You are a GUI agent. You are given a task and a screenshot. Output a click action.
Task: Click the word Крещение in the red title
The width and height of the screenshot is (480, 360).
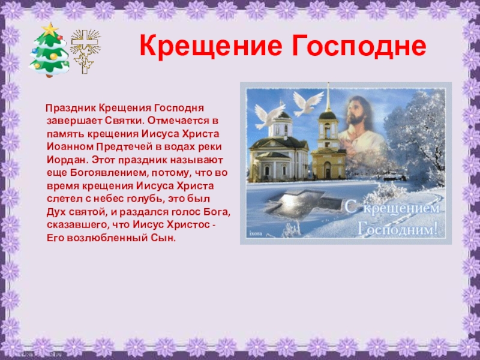(x=211, y=46)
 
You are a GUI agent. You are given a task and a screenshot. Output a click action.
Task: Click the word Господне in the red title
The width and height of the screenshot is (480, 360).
(x=359, y=46)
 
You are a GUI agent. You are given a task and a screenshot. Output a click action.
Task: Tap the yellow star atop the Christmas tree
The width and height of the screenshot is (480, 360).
(x=50, y=29)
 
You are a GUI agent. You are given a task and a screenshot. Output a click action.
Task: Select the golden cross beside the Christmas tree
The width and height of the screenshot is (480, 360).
(x=85, y=51)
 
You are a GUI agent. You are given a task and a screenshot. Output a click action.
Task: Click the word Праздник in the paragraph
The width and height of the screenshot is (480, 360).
(x=71, y=108)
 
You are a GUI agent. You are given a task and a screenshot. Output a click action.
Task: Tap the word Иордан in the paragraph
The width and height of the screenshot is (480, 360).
(x=67, y=160)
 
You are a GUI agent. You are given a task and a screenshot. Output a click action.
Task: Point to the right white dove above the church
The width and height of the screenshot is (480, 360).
(x=307, y=103)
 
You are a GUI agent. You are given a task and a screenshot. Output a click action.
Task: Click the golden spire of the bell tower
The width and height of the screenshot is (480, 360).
(x=328, y=97)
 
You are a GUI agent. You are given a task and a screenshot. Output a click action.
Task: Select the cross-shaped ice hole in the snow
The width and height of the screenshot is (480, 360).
(x=303, y=203)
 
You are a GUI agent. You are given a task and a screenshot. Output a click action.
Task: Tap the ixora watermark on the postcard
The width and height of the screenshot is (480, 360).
(x=256, y=233)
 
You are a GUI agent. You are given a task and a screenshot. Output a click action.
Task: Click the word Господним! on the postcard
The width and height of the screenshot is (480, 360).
(x=398, y=229)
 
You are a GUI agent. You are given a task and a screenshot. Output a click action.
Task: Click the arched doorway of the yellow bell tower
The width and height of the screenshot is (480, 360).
(x=328, y=170)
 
